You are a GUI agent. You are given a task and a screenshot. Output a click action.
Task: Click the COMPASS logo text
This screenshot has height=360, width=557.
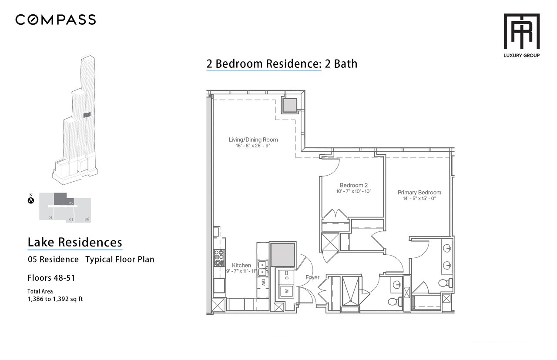click(x=55, y=20)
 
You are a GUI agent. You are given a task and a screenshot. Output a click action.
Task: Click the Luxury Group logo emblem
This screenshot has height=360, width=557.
click(x=521, y=31)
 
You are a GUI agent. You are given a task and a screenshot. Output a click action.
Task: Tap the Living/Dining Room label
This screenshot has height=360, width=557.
click(x=253, y=140)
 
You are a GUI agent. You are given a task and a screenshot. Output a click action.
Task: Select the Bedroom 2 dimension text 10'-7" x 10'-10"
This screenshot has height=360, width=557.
click(x=354, y=191)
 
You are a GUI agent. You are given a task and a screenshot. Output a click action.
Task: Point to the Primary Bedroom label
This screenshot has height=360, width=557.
click(x=419, y=192)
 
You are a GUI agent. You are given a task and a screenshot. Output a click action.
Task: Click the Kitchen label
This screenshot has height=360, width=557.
click(x=241, y=265)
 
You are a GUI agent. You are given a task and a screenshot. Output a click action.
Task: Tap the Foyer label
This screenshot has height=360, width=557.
click(x=312, y=277)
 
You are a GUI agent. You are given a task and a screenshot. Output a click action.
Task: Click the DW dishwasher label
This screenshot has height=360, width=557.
click(x=263, y=282)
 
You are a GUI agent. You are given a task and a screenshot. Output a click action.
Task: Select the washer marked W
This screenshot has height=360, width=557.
click(x=287, y=291)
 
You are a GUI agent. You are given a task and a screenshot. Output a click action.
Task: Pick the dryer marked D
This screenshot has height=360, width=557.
click(x=286, y=277)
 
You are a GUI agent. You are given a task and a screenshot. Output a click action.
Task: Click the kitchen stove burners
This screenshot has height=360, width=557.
click(x=219, y=258)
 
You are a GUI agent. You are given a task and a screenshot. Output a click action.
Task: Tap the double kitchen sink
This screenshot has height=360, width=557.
click(x=262, y=268)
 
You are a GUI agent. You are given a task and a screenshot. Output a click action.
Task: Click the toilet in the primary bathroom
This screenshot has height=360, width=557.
click(x=445, y=283)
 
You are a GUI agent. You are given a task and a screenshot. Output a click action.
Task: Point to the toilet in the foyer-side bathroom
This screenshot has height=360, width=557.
click(x=395, y=302)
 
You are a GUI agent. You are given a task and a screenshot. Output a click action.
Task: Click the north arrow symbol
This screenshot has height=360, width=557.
click(x=31, y=200)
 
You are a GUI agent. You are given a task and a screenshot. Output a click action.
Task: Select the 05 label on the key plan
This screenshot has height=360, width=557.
click(x=71, y=203)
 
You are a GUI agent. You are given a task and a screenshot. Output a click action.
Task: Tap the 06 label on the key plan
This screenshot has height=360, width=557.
click(x=87, y=219)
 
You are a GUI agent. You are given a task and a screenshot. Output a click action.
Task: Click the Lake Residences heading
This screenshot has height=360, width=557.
click(x=75, y=242)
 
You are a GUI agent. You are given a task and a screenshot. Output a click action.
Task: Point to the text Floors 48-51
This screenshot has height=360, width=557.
click(x=51, y=278)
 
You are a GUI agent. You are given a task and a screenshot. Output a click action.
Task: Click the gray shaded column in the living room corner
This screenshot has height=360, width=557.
click(x=290, y=105)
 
